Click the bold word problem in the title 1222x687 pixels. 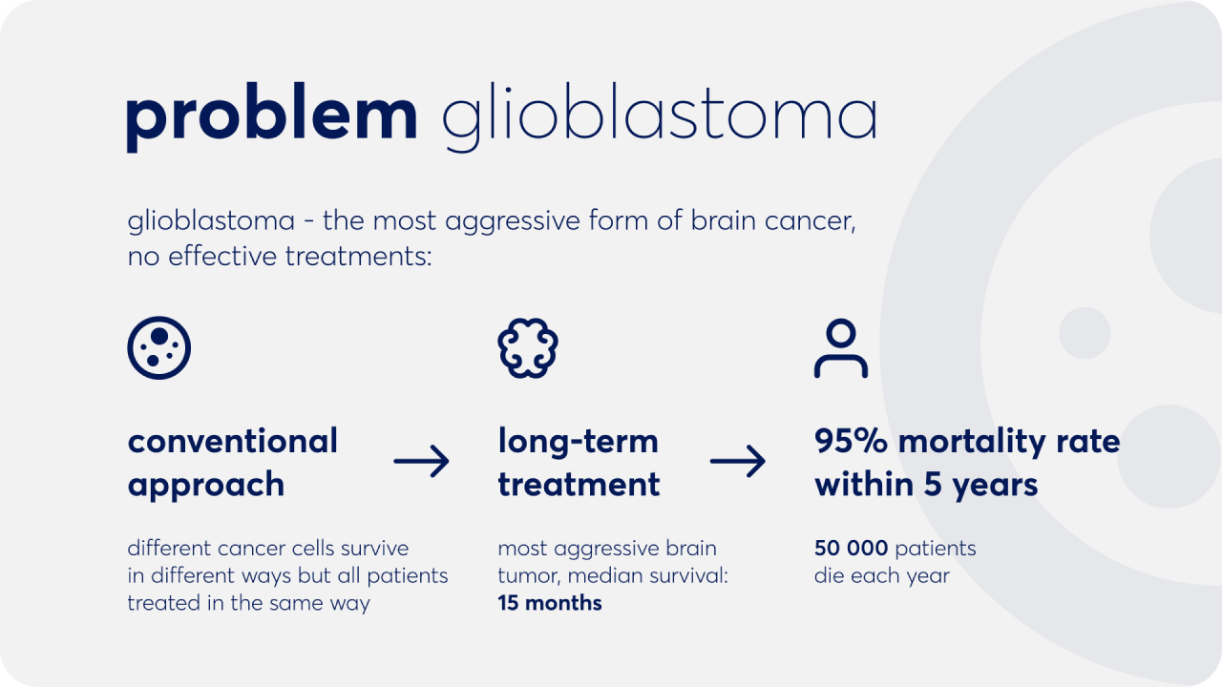(x=272, y=117)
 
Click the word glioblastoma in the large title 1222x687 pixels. (x=659, y=117)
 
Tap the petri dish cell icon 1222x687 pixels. (x=158, y=348)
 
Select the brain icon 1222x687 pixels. (x=528, y=348)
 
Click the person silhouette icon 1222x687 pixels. (x=841, y=348)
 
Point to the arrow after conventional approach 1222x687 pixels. (x=421, y=461)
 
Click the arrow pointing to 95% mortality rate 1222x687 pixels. (x=738, y=461)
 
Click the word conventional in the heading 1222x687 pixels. (x=233, y=441)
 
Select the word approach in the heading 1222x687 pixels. (x=206, y=485)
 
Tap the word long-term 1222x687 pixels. (x=579, y=441)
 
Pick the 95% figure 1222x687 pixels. (x=851, y=441)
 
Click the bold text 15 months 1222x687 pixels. (x=550, y=603)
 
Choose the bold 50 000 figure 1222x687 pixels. (x=851, y=548)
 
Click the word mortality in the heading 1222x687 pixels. (x=972, y=442)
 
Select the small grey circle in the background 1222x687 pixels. (x=1085, y=333)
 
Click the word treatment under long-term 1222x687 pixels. (x=579, y=484)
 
